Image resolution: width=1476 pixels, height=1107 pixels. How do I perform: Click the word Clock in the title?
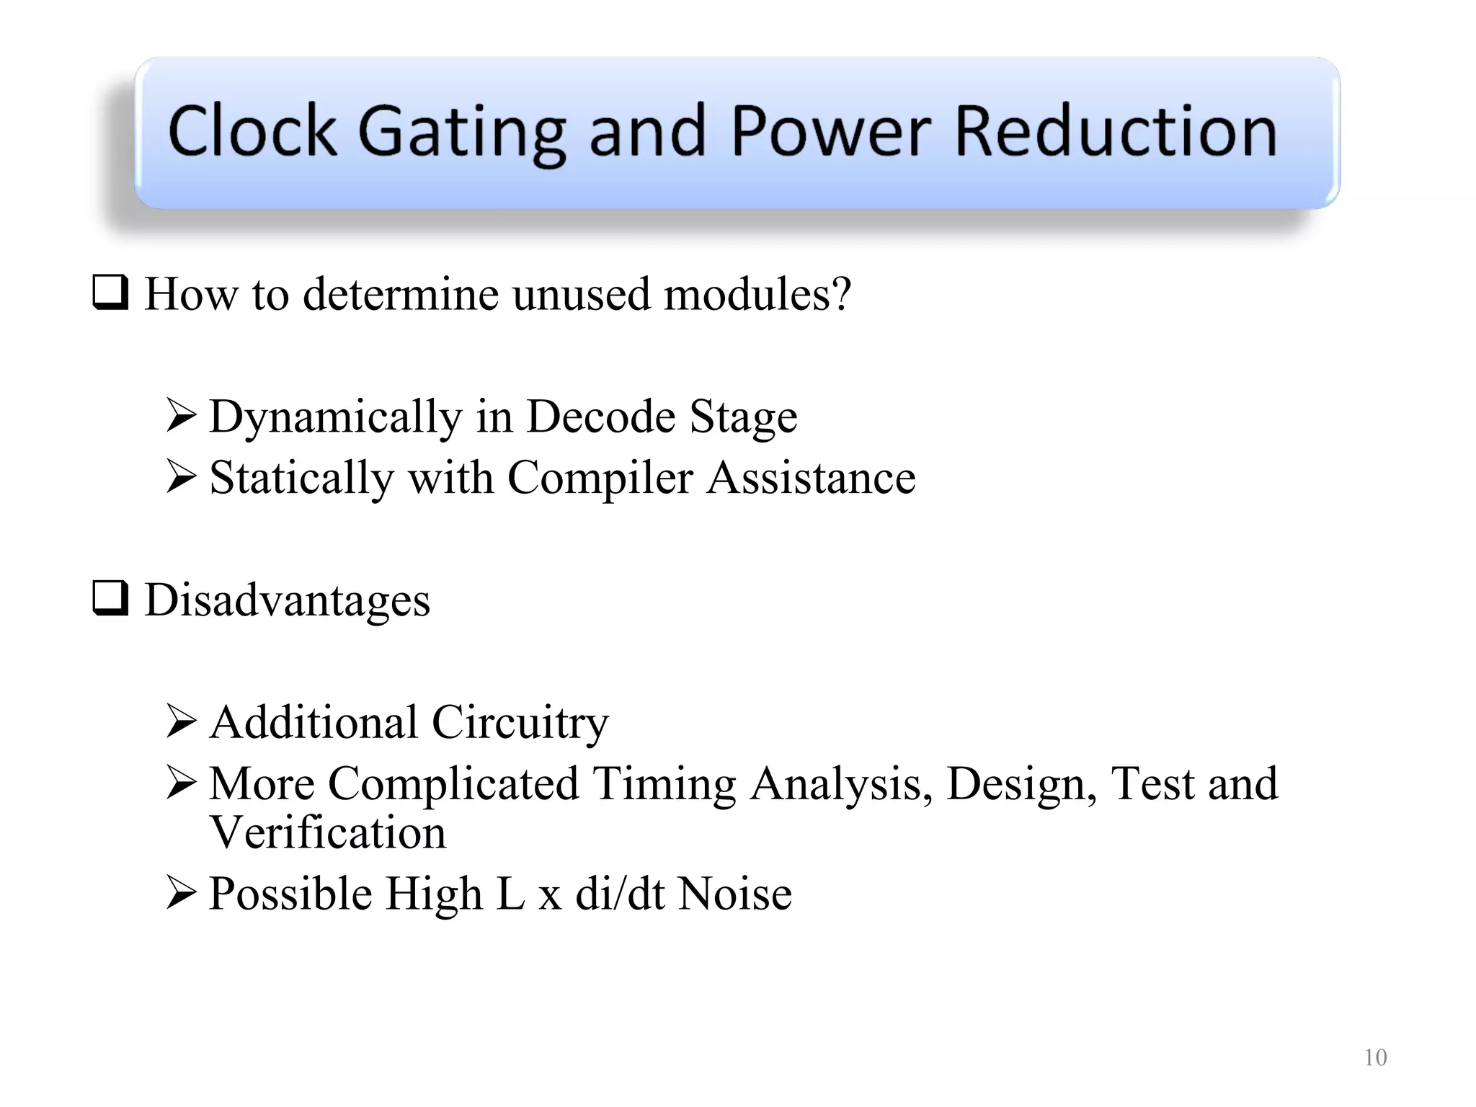point(252,131)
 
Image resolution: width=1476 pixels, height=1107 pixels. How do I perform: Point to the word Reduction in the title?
point(1115,131)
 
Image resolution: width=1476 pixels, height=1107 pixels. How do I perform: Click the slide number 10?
point(1375,1057)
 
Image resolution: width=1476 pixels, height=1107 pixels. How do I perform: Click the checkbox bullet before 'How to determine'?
point(110,293)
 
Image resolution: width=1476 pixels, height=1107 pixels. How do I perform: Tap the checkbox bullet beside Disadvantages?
point(110,599)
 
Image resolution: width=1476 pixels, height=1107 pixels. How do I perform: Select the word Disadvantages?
point(287,600)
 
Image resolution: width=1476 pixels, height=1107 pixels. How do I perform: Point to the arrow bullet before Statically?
point(181,477)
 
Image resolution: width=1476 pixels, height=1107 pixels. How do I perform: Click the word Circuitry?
point(520,723)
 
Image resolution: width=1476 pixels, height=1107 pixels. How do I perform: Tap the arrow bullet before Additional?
point(181,721)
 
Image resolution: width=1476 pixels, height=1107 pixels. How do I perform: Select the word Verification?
point(327,832)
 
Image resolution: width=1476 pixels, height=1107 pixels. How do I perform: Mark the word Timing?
point(664,784)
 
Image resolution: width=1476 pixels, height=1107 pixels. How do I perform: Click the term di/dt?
point(619,894)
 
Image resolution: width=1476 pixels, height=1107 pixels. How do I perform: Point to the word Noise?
point(735,894)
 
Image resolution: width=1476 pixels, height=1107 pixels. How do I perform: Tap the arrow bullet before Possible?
point(181,892)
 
